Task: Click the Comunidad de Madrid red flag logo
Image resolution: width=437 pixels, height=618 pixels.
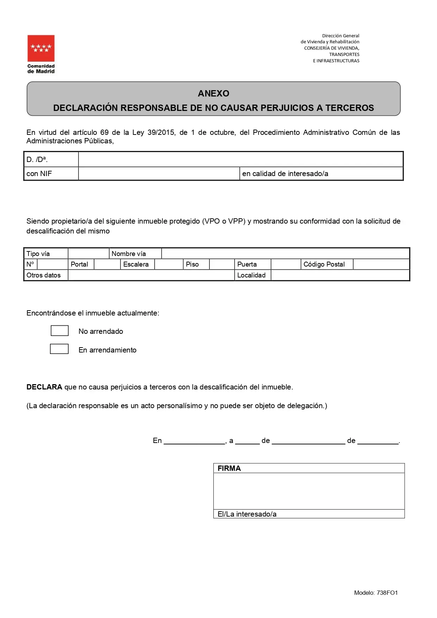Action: coord(41,48)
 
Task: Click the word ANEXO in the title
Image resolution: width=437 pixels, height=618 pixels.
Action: coord(213,93)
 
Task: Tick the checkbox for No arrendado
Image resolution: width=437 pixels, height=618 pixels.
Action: coord(60,331)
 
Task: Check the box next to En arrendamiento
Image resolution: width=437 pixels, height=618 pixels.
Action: coord(59,349)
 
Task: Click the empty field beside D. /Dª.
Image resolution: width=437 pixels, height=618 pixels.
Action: coord(241,159)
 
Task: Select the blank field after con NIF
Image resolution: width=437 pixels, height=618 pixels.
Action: coord(159,174)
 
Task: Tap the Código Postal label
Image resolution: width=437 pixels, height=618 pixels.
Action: coord(324,264)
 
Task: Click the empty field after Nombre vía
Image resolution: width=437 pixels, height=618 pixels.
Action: coord(285,254)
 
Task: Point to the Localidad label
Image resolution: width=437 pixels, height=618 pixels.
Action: coord(251,275)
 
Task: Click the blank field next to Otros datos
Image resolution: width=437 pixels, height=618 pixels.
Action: coord(151,275)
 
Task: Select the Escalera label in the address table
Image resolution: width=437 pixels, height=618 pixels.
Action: coord(136,264)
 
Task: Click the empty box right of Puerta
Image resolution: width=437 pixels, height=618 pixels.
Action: coord(286,264)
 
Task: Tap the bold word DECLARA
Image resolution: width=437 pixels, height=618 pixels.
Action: coord(44,387)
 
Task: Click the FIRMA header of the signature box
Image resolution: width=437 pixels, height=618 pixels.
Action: coord(229,468)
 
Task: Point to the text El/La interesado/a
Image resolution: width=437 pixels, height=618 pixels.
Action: coord(247,514)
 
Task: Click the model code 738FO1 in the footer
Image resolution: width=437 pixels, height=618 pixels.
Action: coord(387,593)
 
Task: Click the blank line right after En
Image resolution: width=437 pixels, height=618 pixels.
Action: coord(194,441)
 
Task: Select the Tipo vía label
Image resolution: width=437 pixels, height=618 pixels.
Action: coord(38,254)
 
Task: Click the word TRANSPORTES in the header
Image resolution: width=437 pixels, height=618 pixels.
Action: coord(344,55)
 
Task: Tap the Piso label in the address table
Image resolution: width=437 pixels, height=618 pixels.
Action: coord(192,264)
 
